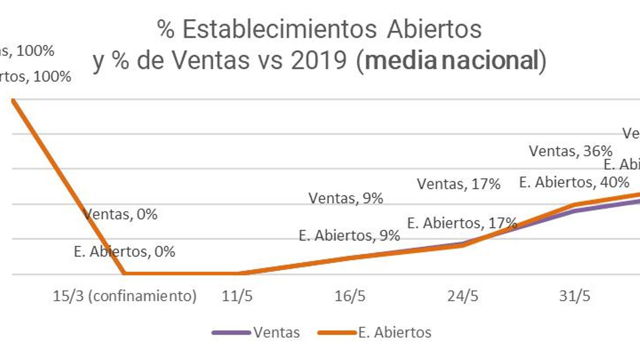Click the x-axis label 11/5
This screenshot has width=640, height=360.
coord(237,296)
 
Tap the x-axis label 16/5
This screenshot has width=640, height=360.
coord(350,296)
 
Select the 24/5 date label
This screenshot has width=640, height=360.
coord(463,296)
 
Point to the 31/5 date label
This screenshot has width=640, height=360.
coord(575,296)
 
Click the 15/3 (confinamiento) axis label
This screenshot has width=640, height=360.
coord(125,296)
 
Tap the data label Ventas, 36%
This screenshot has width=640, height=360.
coord(570,151)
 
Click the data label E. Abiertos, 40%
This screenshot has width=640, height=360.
coord(574,182)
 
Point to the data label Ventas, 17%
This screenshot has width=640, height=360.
coord(458,184)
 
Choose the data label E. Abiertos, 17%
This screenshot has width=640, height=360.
coord(462,223)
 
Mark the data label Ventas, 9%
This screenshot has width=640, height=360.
coord(346,198)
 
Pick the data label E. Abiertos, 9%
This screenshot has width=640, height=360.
coord(349,236)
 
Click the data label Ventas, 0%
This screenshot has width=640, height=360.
coord(120,214)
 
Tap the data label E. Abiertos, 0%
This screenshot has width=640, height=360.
coord(124,252)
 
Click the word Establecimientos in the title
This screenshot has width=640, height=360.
coord(280,29)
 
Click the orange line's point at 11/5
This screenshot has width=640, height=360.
coord(237,274)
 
